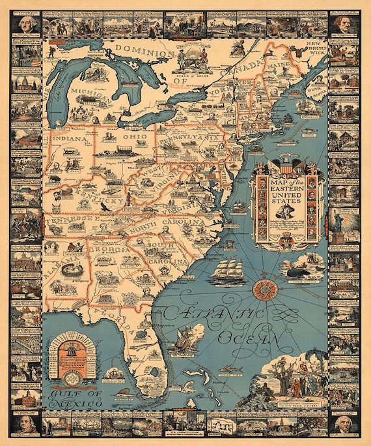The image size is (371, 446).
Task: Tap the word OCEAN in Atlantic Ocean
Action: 251,339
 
